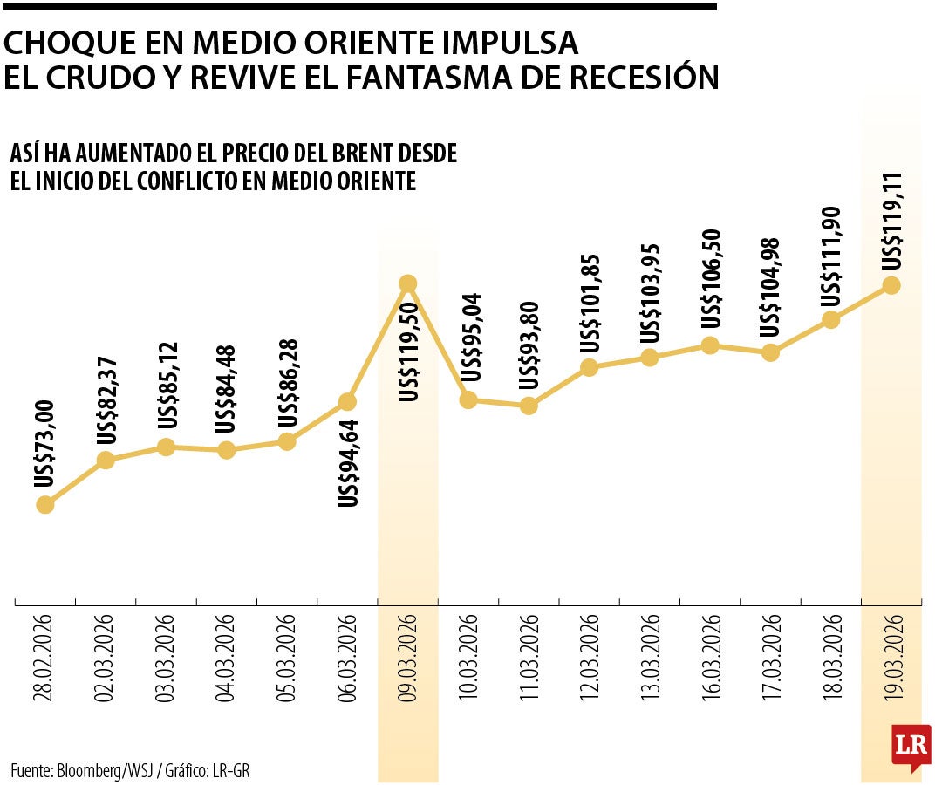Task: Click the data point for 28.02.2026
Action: tap(45, 504)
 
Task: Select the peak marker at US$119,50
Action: tap(407, 283)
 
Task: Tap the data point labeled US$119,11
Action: tap(891, 285)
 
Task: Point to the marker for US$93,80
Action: tap(528, 406)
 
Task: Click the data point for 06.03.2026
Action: tap(347, 401)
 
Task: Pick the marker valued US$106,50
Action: tap(710, 345)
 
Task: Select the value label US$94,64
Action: tap(348, 463)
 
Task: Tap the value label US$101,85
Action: tap(590, 303)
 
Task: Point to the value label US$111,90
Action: tap(831, 256)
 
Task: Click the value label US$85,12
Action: tap(167, 385)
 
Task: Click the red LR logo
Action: tap(911, 746)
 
